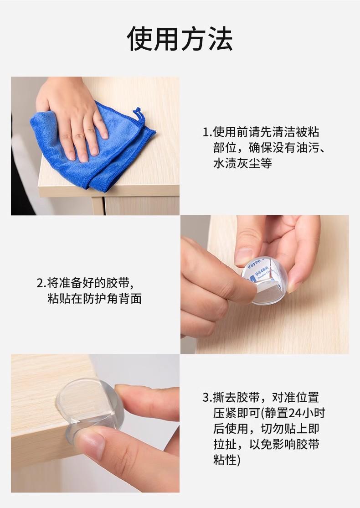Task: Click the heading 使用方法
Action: coord(180,39)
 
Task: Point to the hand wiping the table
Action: coord(73,117)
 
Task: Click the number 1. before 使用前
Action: coord(207,132)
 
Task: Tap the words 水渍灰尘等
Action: coord(242,163)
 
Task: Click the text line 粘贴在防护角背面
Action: coord(94,298)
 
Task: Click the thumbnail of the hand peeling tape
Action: coord(265,285)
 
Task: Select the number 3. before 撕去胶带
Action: coord(207,398)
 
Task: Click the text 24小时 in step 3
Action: coord(306,413)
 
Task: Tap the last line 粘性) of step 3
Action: coord(226,460)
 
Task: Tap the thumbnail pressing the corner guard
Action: coord(95,423)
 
